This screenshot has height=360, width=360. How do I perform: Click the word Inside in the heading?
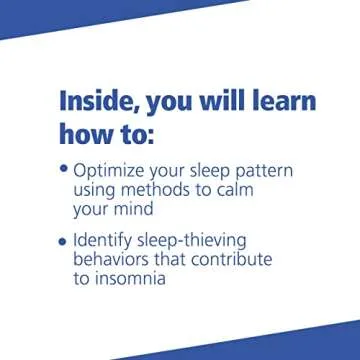[101, 101]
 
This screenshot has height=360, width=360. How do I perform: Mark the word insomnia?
[140, 279]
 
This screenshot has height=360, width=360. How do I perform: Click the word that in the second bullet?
[172, 260]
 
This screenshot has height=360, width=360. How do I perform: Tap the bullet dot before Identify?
[64, 242]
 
